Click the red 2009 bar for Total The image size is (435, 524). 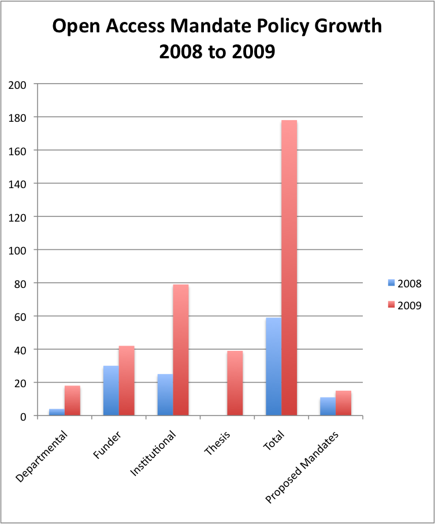pos(289,268)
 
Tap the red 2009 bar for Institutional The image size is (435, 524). pos(180,350)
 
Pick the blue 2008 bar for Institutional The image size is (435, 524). pos(165,395)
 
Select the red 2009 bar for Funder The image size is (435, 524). pos(126,381)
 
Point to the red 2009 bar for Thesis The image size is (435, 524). pos(235,383)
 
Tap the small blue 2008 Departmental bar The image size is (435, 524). pos(57,412)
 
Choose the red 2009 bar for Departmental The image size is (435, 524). pos(72,401)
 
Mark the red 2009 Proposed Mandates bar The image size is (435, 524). pos(343,403)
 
